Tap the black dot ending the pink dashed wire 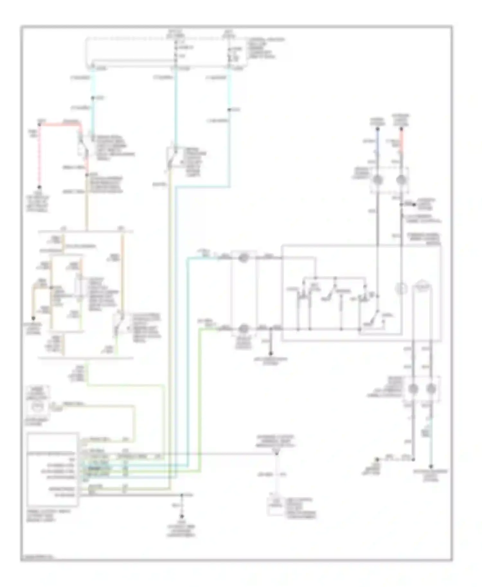point(40,187)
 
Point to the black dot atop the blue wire point(378,129)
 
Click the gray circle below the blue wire point(378,180)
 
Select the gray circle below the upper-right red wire point(401,180)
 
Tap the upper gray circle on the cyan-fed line point(244,258)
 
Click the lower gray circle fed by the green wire point(244,329)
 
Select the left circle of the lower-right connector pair point(413,389)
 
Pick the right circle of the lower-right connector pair point(431,389)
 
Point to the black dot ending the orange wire point(33,318)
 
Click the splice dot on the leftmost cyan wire point(93,98)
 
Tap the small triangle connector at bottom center point(276,453)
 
